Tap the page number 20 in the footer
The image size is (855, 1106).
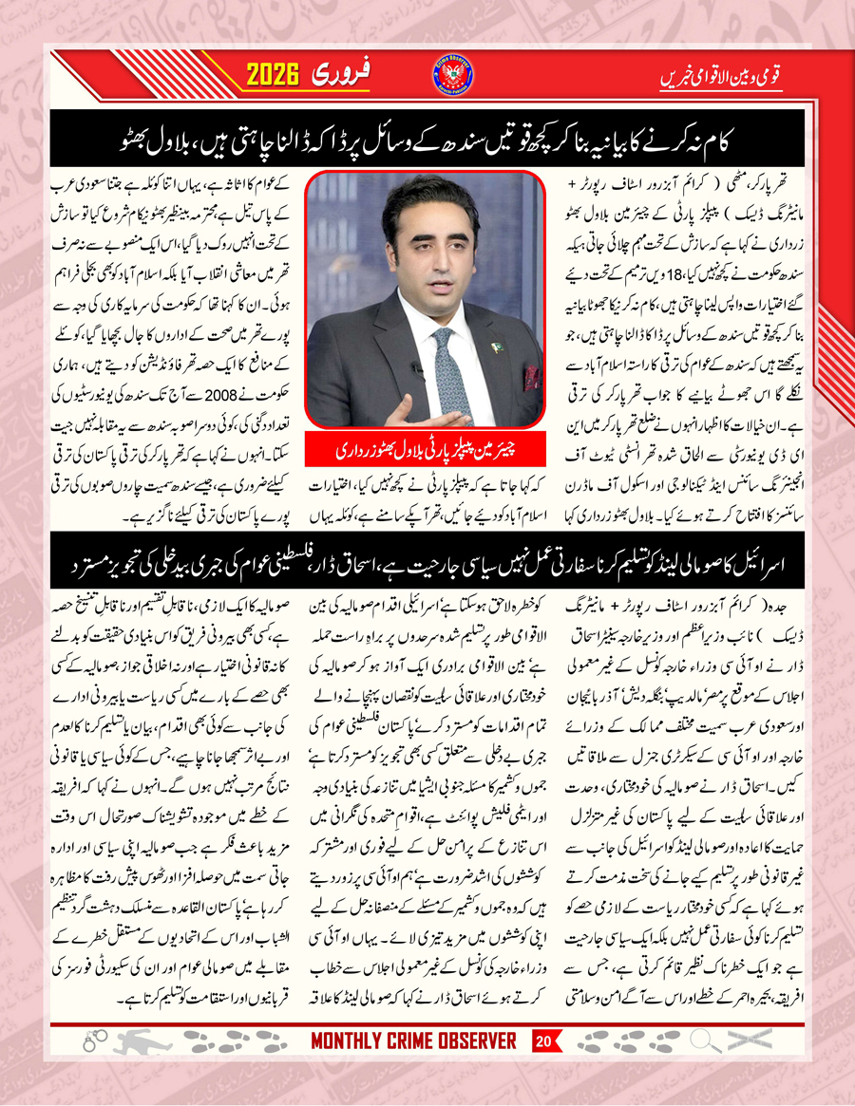coord(542,1041)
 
